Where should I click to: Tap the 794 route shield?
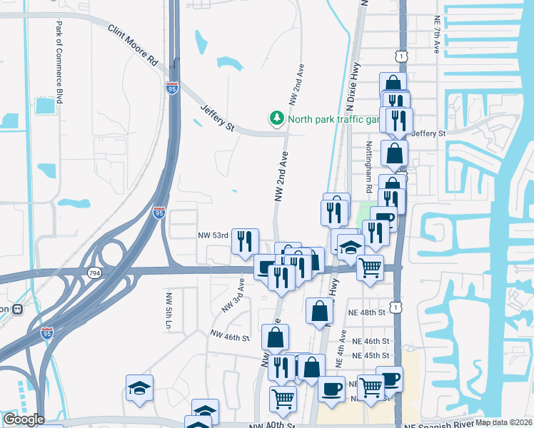pyautogui.click(x=94, y=273)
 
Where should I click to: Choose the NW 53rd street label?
pyautogui.click(x=213, y=235)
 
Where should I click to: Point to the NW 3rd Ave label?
pyautogui.click(x=233, y=295)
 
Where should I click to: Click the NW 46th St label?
pyautogui.click(x=230, y=334)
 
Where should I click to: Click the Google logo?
pyautogui.click(x=23, y=419)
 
